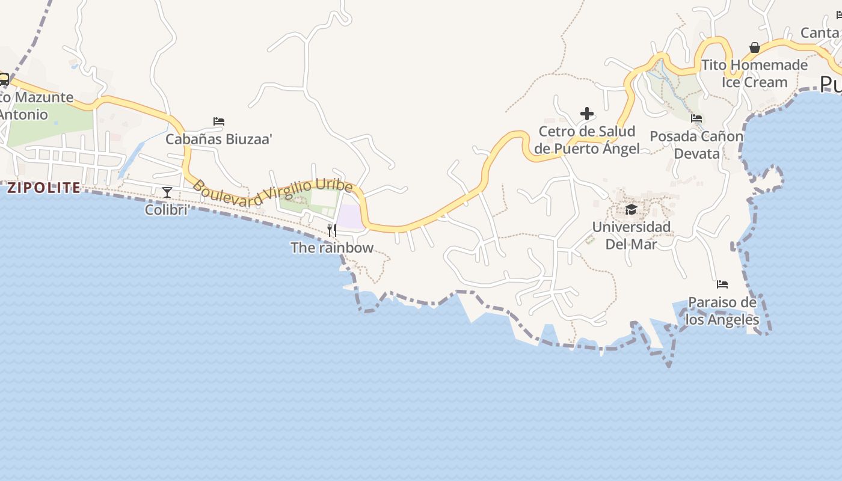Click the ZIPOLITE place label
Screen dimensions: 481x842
43,188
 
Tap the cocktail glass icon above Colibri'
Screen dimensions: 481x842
167,192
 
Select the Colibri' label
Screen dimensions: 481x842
168,210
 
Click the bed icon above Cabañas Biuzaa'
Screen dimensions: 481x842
219,121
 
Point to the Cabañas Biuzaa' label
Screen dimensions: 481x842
219,139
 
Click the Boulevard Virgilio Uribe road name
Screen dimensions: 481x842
272,194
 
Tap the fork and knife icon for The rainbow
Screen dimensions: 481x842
331,230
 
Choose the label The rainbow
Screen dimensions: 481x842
332,248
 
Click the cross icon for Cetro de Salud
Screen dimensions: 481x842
587,113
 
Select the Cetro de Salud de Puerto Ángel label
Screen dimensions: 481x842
587,140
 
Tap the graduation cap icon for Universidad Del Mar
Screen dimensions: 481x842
631,209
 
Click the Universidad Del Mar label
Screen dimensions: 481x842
631,235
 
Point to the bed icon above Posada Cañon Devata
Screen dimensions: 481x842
696,118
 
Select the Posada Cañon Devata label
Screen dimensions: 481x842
696,145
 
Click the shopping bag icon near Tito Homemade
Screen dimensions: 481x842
755,47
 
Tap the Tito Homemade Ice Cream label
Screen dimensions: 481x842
755,73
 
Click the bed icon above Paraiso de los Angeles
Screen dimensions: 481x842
722,284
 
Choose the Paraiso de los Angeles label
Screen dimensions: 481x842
722,310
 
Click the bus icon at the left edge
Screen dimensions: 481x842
4,79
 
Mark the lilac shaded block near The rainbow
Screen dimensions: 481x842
349,216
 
